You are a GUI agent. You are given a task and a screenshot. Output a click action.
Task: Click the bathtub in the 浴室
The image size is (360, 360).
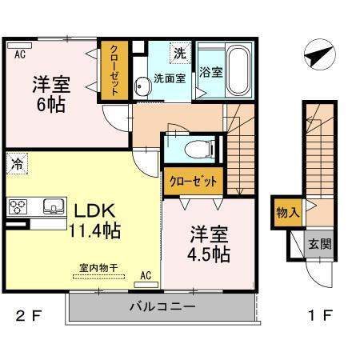[x=238, y=70]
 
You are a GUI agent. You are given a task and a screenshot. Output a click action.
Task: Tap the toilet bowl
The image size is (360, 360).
[x=200, y=150]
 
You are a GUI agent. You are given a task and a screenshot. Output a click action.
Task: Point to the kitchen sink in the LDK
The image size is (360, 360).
[x=54, y=206]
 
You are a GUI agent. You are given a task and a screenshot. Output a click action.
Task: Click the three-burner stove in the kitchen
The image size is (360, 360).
[x=18, y=206]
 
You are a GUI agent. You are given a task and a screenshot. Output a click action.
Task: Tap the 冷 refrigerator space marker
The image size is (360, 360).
[x=17, y=163]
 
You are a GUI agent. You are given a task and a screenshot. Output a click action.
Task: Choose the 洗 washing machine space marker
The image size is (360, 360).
[x=180, y=53]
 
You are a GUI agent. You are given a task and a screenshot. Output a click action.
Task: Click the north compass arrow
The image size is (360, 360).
[x=320, y=55]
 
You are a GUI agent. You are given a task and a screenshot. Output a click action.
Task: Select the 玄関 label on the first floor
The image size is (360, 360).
[x=320, y=244]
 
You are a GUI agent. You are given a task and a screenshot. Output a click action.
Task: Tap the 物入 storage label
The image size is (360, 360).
[x=287, y=213]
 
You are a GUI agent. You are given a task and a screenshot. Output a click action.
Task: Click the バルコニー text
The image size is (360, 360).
[x=162, y=306]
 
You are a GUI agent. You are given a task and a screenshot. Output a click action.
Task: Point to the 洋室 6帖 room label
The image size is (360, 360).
[x=51, y=94]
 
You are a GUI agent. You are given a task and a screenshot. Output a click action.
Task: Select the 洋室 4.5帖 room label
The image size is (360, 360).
[x=209, y=244]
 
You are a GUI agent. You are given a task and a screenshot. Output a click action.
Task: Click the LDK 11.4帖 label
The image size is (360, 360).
[x=95, y=220]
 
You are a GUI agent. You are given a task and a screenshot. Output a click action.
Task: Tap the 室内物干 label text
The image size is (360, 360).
[x=98, y=268]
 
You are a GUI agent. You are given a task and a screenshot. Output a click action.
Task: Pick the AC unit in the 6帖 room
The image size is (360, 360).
[x=19, y=46]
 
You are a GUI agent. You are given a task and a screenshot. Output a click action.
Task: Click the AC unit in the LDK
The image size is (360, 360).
[x=146, y=285]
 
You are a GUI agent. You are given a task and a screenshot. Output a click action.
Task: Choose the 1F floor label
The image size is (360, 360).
[x=320, y=316]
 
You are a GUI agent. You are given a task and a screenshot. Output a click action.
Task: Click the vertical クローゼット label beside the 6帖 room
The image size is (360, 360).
[x=114, y=70]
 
